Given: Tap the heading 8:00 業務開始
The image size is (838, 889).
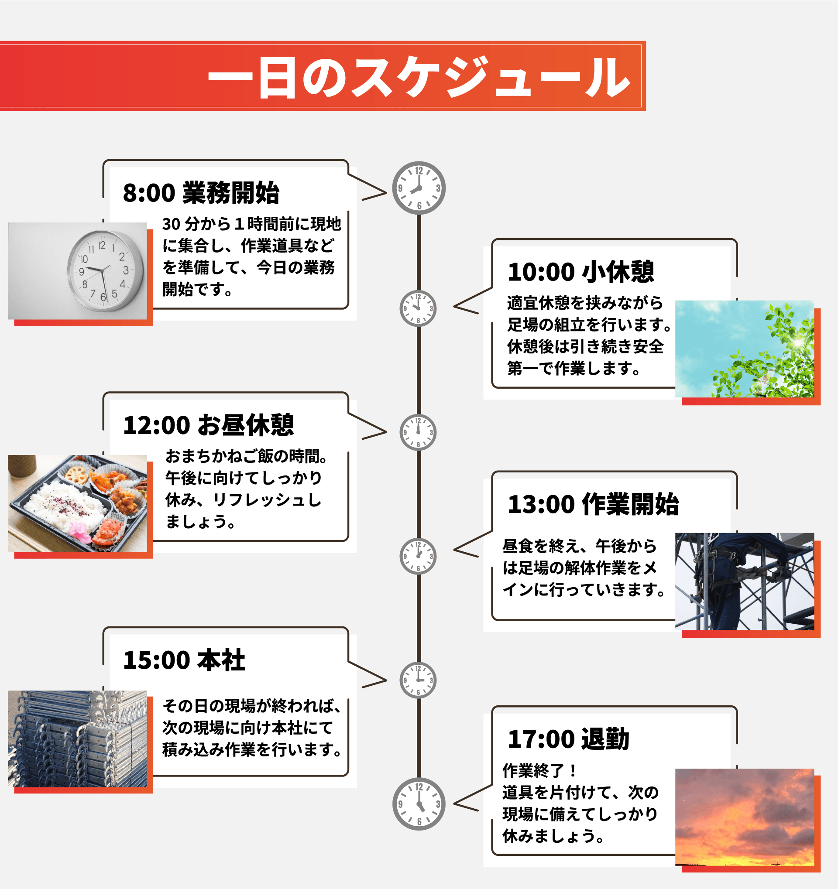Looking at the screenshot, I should point(201,193).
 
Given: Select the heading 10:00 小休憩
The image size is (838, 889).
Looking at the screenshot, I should point(580,272).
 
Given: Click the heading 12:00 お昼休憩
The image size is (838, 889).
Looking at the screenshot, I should point(208,425).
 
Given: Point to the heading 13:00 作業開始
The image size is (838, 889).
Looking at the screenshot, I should point(593,504).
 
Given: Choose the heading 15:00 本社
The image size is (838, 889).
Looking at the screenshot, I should point(184,660).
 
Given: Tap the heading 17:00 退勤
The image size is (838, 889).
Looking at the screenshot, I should point(568,739).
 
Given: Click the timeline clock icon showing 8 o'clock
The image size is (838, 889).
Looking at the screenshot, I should point(419,188).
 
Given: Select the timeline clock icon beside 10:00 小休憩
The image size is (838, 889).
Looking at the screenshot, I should point(418,308).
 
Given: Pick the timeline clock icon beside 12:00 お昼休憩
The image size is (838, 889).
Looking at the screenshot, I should point(418,432).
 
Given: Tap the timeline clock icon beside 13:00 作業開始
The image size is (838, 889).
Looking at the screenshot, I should point(418,556).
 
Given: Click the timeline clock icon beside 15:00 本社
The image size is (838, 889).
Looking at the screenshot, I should point(418,680).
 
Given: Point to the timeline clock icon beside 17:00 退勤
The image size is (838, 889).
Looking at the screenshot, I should point(419,804).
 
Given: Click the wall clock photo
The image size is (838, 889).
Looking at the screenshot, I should point(77,270).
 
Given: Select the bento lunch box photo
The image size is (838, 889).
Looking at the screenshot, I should point(77,503).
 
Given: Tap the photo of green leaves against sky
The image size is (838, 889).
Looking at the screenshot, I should point(744,349).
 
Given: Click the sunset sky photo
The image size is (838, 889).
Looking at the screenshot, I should point(744,817).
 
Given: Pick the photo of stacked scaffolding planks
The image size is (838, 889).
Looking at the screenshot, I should point(77,739).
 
